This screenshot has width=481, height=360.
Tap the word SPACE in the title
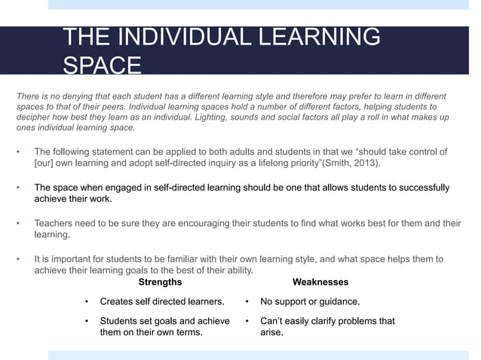coord(101,66)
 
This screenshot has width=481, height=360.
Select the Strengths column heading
coord(160,282)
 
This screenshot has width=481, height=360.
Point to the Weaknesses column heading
coord(320,282)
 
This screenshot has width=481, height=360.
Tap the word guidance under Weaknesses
coord(337,302)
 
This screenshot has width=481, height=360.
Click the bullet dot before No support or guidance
coord(247,302)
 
